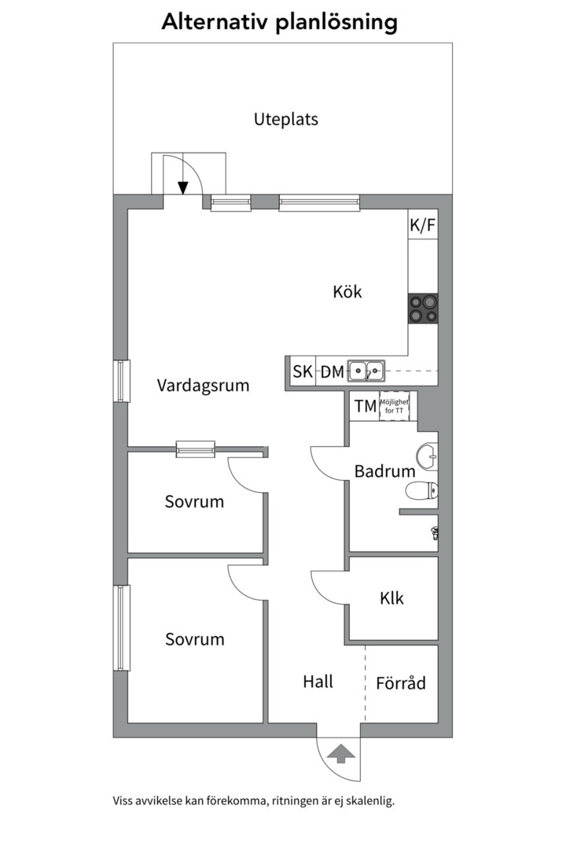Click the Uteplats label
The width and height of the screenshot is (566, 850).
click(285, 120)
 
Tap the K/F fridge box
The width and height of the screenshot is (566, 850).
click(422, 226)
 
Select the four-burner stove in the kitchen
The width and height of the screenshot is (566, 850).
click(422, 309)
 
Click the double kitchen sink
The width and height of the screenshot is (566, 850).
click(366, 368)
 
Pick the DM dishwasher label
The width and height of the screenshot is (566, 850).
click(332, 372)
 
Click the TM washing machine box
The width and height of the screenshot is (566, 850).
click(365, 406)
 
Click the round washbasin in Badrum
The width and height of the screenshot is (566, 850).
click(427, 455)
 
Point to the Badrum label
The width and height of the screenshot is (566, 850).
click(384, 472)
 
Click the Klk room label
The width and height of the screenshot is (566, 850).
click(391, 598)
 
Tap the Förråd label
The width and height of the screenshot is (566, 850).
click(401, 682)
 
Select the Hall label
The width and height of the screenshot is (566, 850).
click(318, 682)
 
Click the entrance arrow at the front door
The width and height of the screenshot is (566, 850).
click(339, 755)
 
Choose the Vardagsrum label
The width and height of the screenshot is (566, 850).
click(203, 386)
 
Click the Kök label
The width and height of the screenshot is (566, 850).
click(347, 292)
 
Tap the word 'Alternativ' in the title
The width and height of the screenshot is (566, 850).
click(215, 22)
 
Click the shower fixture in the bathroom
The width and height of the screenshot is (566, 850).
click(433, 533)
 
